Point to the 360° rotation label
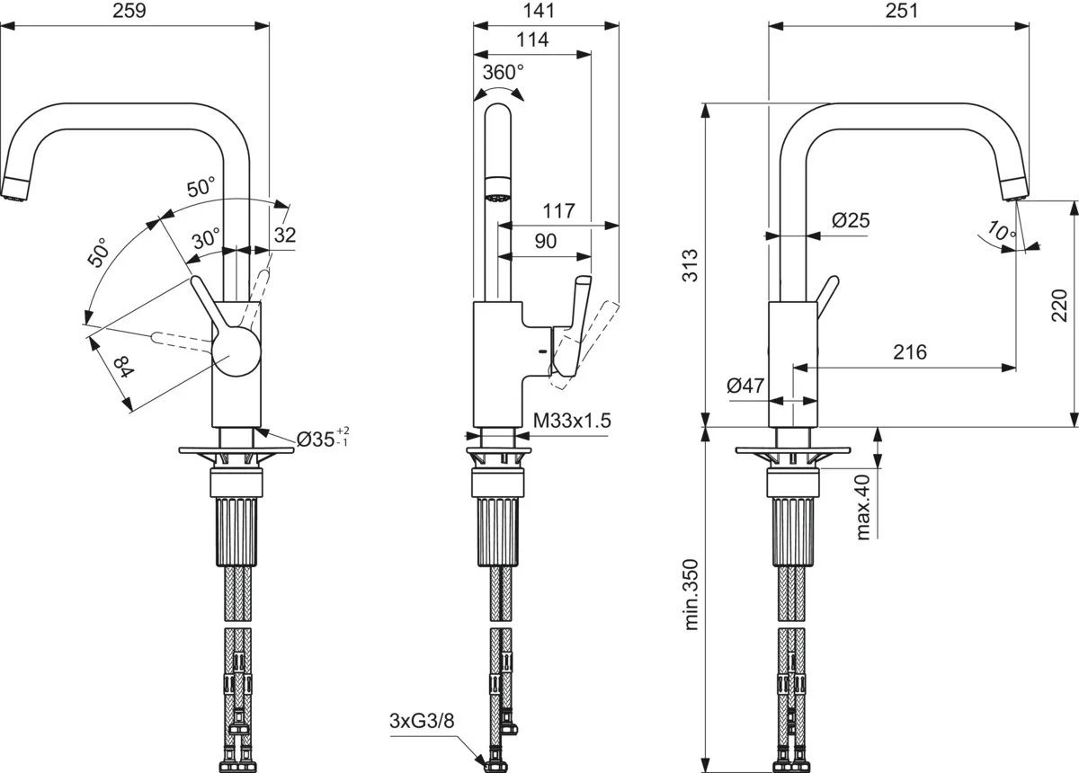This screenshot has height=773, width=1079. (x=503, y=72)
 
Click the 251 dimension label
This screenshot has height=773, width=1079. (x=900, y=11)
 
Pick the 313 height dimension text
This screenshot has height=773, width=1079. (x=691, y=265)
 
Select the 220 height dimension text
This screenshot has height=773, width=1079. (x=1058, y=306)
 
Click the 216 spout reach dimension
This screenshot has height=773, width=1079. (x=909, y=351)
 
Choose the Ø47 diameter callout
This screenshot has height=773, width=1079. (x=745, y=386)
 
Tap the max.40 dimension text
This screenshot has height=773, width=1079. (x=864, y=507)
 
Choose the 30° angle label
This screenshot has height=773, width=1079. (x=206, y=238)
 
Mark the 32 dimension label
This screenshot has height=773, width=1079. (x=284, y=235)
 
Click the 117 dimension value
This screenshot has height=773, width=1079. (x=558, y=211)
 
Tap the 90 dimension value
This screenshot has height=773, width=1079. (x=545, y=241)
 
